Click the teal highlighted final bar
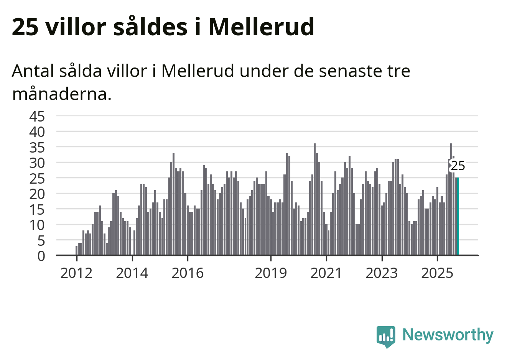(458, 216)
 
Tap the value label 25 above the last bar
(458, 166)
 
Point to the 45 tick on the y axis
(37, 116)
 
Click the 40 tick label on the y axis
(37, 132)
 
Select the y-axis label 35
(37, 147)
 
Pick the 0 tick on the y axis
(41, 256)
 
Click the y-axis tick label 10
(37, 225)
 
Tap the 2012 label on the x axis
(77, 273)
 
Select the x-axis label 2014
(132, 273)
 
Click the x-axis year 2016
(188, 273)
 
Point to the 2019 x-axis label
(271, 273)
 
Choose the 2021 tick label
(326, 273)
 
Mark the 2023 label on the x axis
(382, 273)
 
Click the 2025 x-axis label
(437, 273)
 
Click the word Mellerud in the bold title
(261, 27)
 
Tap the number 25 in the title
(25, 27)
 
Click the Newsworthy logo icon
(385, 336)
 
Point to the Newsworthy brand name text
(448, 335)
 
